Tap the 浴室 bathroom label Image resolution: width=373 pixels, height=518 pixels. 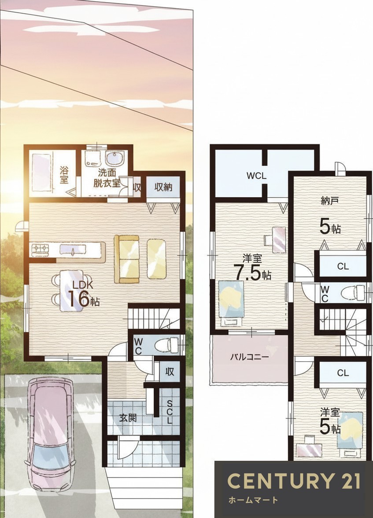64,175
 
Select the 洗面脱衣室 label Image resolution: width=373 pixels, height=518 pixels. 107,179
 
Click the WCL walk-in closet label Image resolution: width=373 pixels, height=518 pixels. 256,176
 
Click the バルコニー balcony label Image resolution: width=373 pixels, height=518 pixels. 250,357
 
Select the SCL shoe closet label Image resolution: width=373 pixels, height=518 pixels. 169,412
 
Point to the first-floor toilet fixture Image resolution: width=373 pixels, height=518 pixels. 166,345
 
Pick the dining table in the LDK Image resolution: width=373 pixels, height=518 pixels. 71,290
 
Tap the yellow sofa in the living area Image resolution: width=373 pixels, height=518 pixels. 126,259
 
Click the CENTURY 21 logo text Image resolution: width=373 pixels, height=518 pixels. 294,481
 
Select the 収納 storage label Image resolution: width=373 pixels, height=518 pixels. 163,187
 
